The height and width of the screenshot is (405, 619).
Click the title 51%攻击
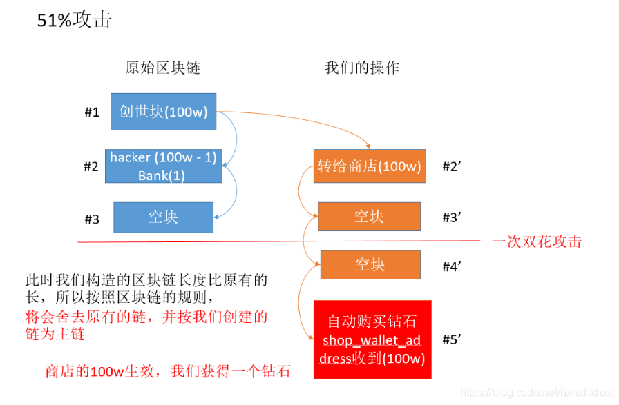[74, 21]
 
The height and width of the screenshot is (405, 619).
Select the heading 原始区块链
[162, 68]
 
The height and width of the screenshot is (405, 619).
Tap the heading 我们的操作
[361, 68]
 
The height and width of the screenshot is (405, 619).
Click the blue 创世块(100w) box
[163, 112]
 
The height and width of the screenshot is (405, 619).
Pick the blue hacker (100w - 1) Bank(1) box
[163, 166]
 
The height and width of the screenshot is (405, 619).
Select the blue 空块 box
[163, 217]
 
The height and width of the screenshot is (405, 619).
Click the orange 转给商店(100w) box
[369, 166]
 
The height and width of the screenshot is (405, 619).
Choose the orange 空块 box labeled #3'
[369, 217]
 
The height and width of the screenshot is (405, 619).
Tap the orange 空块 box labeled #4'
[370, 264]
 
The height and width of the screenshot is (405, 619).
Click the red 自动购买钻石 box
[372, 339]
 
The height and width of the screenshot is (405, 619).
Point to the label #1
[92, 112]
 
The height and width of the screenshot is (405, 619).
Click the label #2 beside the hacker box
[91, 167]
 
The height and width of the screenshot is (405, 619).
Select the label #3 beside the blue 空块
[92, 219]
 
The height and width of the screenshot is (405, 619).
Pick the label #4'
[452, 266]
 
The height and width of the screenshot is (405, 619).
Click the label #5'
[452, 339]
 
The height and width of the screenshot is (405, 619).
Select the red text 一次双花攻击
[537, 241]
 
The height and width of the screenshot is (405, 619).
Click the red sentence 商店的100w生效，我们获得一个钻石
[168, 371]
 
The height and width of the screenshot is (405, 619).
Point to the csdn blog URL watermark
[537, 393]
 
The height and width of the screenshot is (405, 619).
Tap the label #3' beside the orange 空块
[452, 217]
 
